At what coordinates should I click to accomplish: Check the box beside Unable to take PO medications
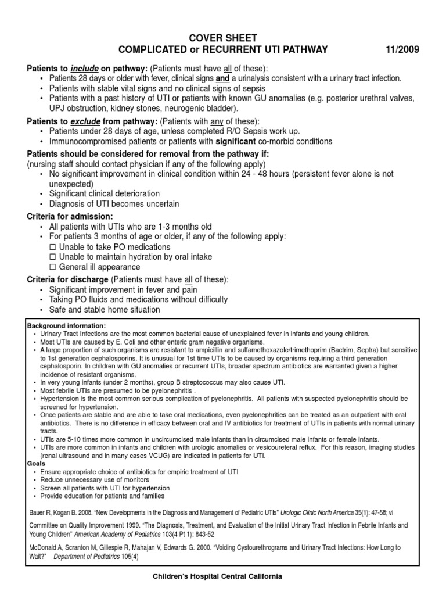(x=52, y=247)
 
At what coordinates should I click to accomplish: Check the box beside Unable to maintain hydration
(x=52, y=257)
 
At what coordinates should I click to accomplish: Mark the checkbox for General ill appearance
(x=52, y=267)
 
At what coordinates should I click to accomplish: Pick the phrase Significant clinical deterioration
(x=105, y=193)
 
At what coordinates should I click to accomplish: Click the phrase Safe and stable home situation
(x=105, y=310)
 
